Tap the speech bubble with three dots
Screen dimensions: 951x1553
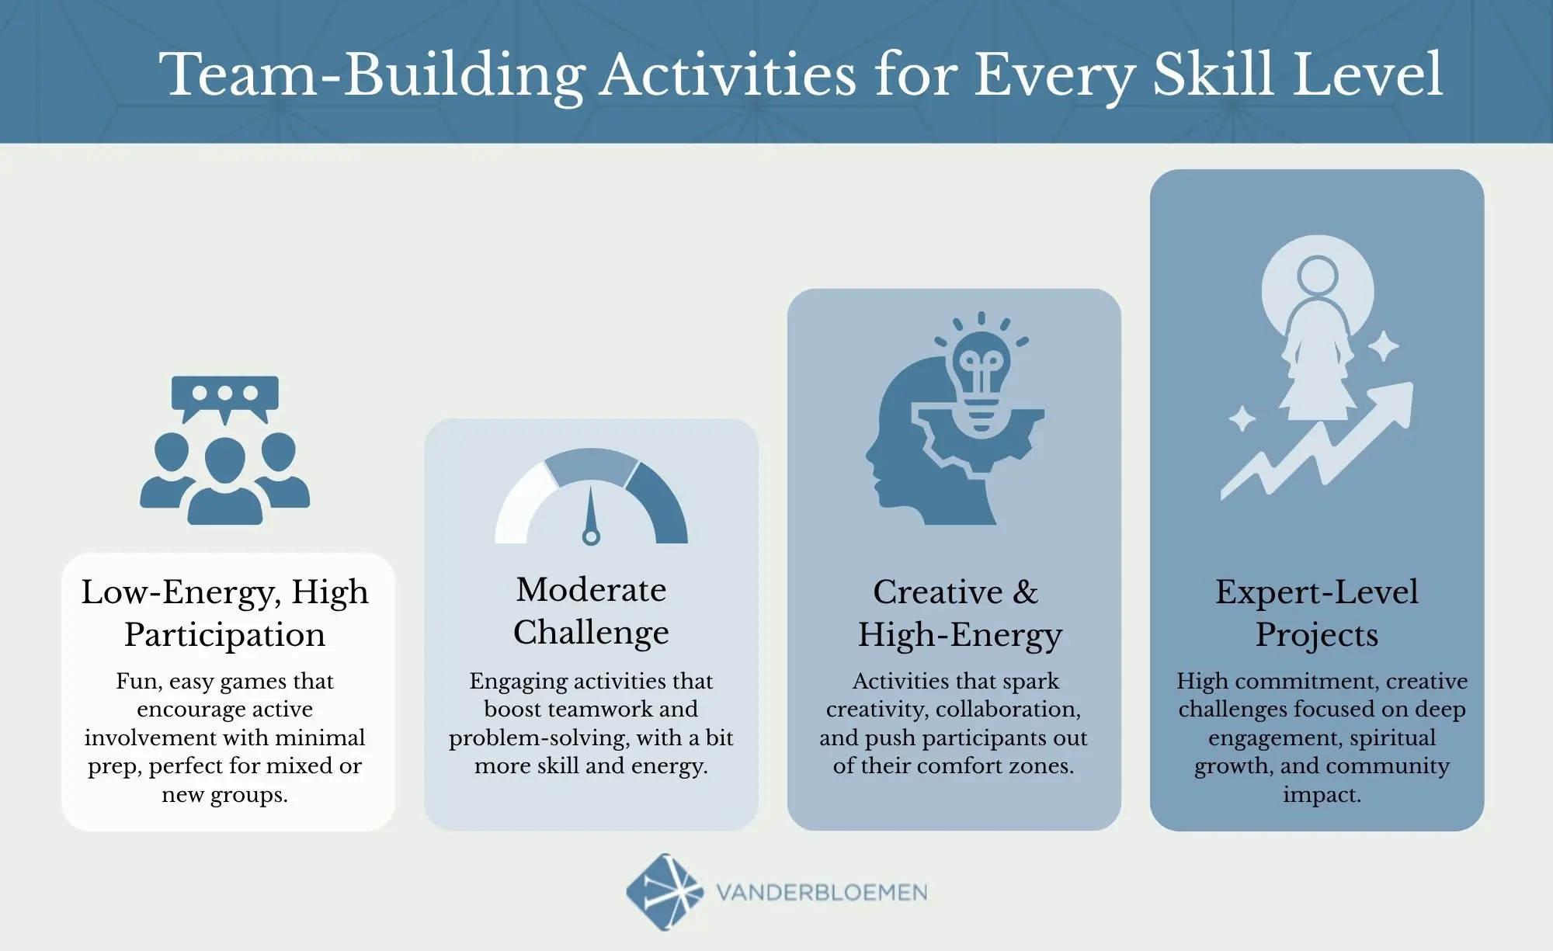pyautogui.click(x=224, y=394)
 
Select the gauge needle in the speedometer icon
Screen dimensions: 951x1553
pyautogui.click(x=591, y=513)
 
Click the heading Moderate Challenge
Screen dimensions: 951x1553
pyautogui.click(x=591, y=611)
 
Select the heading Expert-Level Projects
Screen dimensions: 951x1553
pyautogui.click(x=1317, y=613)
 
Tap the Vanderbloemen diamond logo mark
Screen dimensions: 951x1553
pyautogui.click(x=665, y=892)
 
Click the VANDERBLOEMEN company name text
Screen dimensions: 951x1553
pyautogui.click(x=822, y=893)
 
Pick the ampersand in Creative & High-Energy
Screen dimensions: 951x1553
pyautogui.click(x=1025, y=592)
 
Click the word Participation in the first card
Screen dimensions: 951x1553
pyautogui.click(x=224, y=635)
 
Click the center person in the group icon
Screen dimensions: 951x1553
pyautogui.click(x=224, y=481)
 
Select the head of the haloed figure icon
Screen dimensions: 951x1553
pyautogui.click(x=1317, y=276)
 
